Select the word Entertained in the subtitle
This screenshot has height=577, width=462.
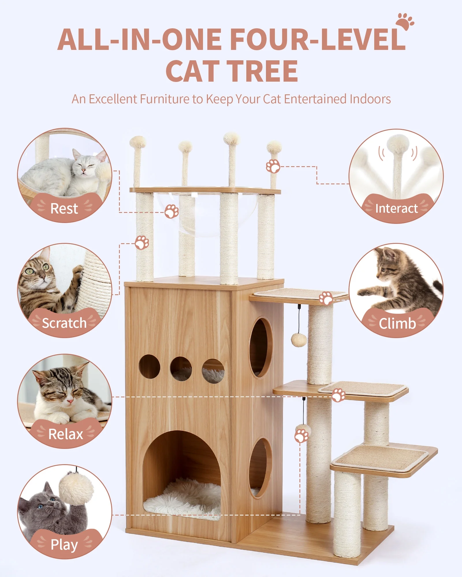coord(316,99)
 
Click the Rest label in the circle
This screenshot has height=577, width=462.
coord(64,208)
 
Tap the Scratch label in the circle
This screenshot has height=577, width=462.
coord(64,323)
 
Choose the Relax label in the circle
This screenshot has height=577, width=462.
coord(66,434)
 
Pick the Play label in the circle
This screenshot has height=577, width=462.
coord(64,544)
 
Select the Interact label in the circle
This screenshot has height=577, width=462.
coord(396,208)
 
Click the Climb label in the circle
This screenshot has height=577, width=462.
coord(397,323)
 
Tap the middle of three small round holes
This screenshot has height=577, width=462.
coord(181,368)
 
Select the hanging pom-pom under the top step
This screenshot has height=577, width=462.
coord(299,340)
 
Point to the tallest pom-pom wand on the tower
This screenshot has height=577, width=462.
coord(231,140)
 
